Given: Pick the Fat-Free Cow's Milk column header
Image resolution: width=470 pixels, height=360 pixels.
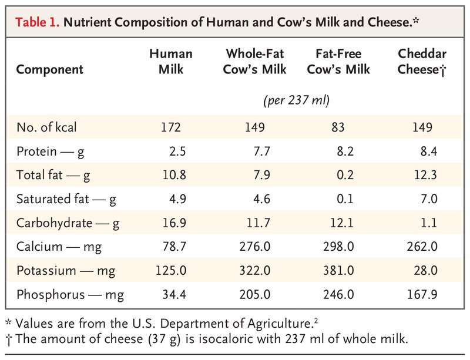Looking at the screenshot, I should pos(338,61).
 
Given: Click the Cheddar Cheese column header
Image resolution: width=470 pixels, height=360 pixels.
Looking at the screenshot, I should pos(419,61).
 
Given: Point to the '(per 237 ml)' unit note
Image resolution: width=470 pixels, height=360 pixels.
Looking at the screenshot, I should pos(296,100).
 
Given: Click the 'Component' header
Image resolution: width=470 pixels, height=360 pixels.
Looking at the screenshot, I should pos(49,69).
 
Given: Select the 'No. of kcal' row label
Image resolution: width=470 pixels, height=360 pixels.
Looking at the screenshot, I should pos(46,127).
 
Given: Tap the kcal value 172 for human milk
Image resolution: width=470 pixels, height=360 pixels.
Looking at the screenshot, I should pos(172,127).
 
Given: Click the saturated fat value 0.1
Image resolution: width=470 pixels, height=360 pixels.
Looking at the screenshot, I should pos(345,199).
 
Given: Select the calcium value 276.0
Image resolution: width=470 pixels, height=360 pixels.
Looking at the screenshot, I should pos(255,247).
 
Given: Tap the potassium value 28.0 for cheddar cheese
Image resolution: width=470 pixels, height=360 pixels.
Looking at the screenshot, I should pos(426,271).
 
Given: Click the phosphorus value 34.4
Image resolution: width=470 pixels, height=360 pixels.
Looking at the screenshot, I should pos(174,294).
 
